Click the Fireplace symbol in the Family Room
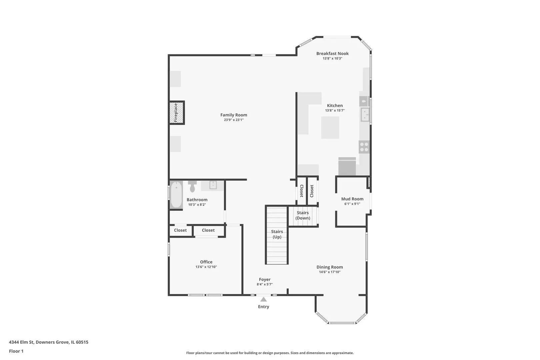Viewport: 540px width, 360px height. click(x=176, y=113)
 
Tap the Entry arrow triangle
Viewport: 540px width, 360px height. click(x=263, y=299)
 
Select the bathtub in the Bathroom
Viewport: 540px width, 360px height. click(x=176, y=194)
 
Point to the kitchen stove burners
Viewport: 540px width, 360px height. click(x=364, y=147)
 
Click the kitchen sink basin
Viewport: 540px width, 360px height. click(x=365, y=115)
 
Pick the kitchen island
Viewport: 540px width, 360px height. click(x=330, y=128)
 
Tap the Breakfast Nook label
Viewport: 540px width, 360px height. click(x=332, y=54)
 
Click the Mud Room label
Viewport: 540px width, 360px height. click(x=352, y=199)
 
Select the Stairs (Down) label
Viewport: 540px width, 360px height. click(x=303, y=215)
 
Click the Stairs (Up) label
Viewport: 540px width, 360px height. click(x=277, y=234)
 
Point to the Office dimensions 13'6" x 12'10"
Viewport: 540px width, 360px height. click(x=206, y=267)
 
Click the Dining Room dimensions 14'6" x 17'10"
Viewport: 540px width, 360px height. click(x=330, y=272)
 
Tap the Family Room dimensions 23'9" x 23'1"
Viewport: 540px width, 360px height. click(x=234, y=120)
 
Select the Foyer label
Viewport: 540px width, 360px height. click(x=265, y=279)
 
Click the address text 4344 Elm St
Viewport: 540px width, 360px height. click(x=21, y=342)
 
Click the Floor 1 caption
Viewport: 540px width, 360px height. click(x=16, y=351)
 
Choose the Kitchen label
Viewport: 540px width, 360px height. click(x=335, y=105)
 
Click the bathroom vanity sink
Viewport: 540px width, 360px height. click(x=213, y=185)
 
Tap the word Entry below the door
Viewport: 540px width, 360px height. click(x=263, y=307)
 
